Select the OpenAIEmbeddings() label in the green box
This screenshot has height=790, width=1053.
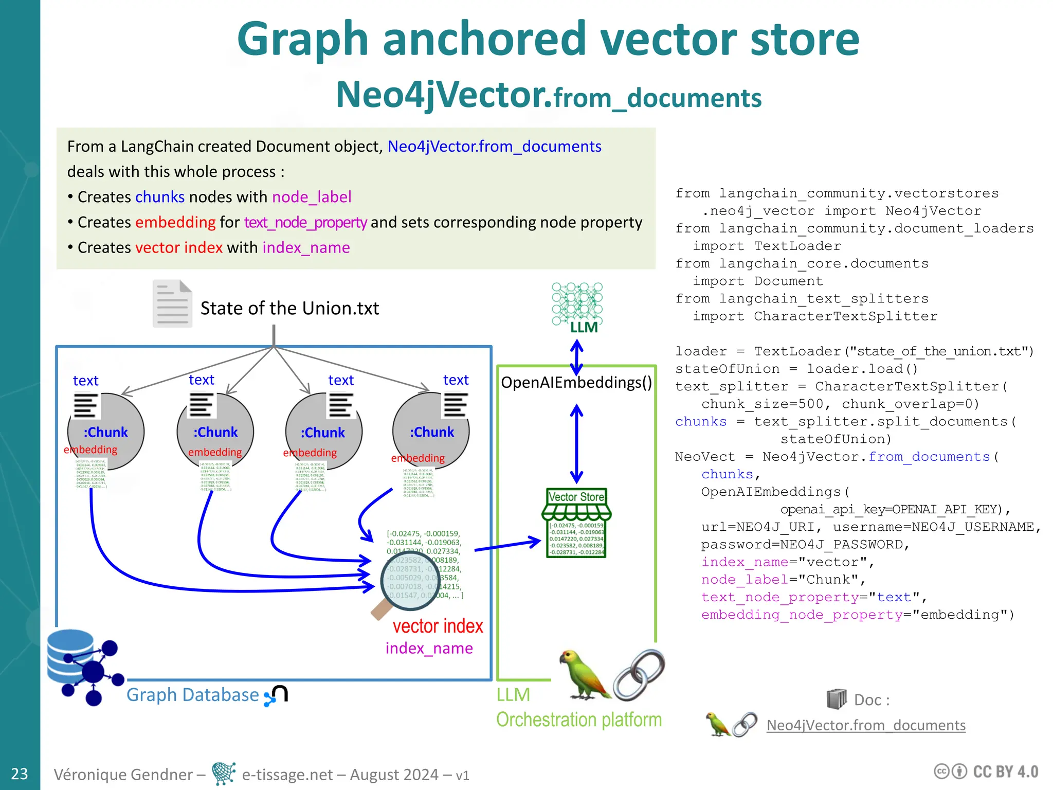[x=576, y=383]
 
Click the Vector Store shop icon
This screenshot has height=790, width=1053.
[x=576, y=522]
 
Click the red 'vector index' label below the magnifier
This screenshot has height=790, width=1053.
[x=438, y=626]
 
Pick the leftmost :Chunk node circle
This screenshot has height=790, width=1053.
[x=106, y=432]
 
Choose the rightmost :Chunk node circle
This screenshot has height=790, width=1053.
[x=431, y=432]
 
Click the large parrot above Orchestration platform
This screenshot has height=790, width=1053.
[x=584, y=674]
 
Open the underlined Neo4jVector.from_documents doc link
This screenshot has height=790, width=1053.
[x=866, y=725]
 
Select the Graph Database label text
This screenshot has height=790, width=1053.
[x=192, y=695]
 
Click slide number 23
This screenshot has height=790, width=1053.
[x=20, y=774]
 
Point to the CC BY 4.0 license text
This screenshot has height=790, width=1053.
[x=1005, y=772]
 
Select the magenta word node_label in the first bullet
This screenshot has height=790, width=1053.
[x=312, y=197]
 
